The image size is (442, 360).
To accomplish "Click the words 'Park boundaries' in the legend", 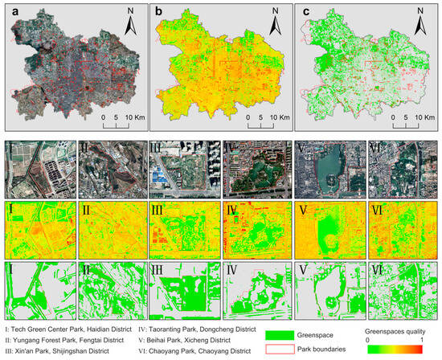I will [x=325, y=349].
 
